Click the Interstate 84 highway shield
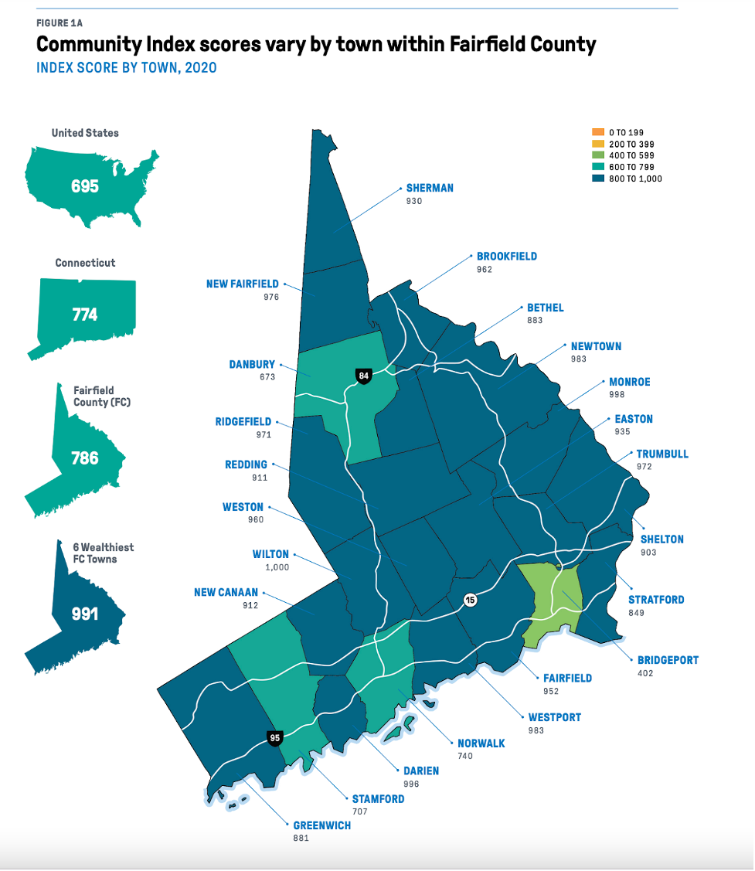[363, 376]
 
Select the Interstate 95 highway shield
[274, 738]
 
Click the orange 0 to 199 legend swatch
[597, 132]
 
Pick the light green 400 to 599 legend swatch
[597, 155]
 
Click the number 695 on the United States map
[85, 186]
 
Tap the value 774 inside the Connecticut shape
[85, 315]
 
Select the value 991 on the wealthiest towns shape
[85, 614]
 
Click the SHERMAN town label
[430, 188]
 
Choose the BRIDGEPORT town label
[668, 660]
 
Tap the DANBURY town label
[252, 365]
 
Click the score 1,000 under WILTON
[276, 567]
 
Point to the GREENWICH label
[321, 825]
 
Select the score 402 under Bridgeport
[645, 673]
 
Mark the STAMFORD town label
[378, 799]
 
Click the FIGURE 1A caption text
[59, 23]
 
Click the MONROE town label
[629, 382]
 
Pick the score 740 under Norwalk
[465, 756]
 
